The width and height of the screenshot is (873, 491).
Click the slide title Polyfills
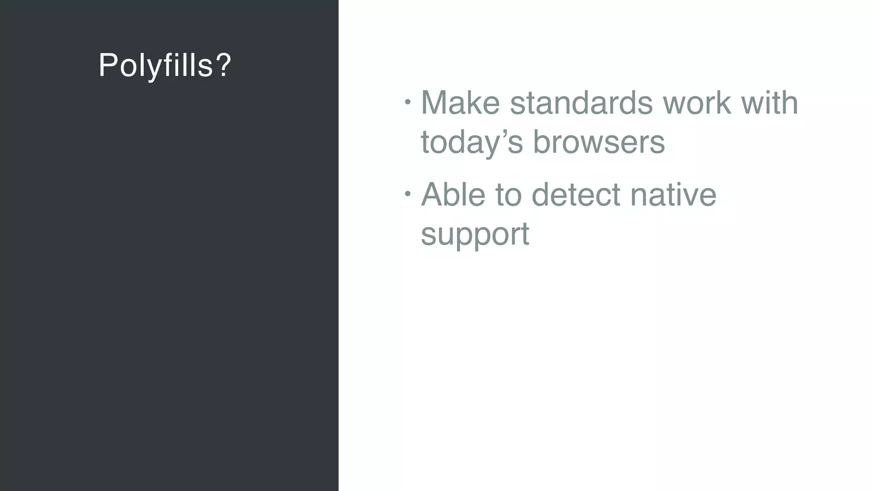165,65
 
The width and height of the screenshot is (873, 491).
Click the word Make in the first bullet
460,103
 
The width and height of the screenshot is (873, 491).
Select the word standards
581,103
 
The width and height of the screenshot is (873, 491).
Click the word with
770,103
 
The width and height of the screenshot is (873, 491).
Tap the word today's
471,143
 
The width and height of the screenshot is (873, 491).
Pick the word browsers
599,143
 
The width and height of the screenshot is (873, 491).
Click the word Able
453,195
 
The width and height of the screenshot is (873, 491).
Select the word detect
576,195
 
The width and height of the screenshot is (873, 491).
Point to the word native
674,195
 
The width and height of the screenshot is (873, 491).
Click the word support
475,234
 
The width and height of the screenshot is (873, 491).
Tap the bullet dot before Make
408,102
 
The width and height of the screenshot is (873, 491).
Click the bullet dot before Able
408,194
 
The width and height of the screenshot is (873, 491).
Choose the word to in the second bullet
509,195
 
